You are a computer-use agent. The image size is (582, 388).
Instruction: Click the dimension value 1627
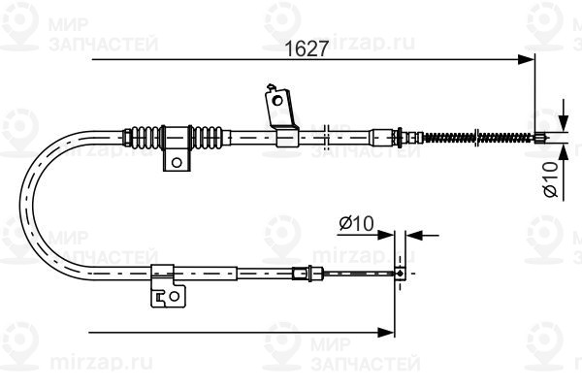(x=307, y=48)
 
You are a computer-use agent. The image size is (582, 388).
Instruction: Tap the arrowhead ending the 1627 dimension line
(x=527, y=59)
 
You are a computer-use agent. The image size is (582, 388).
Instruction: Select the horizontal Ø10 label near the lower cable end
(x=357, y=223)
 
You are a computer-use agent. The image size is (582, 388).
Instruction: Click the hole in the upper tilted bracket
(x=276, y=100)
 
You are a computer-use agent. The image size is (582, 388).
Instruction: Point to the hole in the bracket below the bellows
(x=177, y=162)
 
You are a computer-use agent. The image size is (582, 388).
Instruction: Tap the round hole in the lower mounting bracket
(x=174, y=296)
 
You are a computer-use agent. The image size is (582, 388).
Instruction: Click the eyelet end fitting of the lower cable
(x=400, y=274)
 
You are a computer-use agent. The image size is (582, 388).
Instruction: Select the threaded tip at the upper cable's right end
(x=540, y=138)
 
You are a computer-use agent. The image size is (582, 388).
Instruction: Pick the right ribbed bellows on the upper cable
(x=208, y=138)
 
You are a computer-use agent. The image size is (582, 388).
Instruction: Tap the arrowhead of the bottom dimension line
(x=386, y=333)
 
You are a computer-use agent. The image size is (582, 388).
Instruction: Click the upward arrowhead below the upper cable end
(x=564, y=152)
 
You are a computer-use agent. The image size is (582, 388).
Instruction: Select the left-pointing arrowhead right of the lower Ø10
(x=414, y=235)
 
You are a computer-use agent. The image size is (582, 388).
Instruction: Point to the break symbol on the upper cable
(x=326, y=138)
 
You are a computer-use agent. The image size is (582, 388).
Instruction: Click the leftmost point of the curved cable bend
(x=20, y=205)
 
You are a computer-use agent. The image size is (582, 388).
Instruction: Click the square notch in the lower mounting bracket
(x=160, y=297)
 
